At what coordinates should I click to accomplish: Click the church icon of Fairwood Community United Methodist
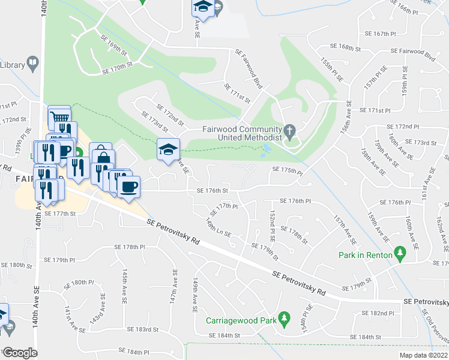289,130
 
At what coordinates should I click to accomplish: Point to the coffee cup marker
128,187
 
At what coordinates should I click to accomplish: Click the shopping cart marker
59,116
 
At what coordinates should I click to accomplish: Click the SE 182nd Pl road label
378,313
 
